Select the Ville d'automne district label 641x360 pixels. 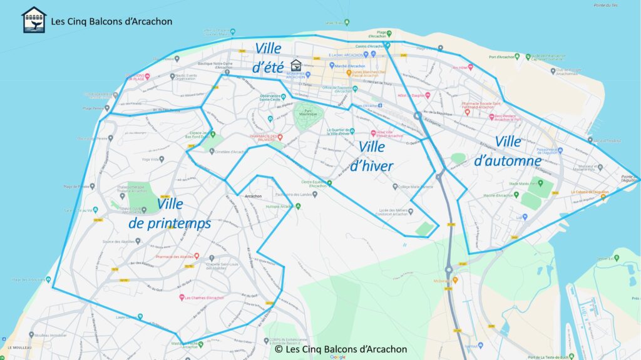pos(508,151)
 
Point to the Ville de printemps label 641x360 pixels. pos(170,213)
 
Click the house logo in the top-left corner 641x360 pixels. pos(34,19)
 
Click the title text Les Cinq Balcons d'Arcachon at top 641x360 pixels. pos(112,21)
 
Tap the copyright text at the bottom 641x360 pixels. pos(341,349)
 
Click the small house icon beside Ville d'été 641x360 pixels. pos(296,64)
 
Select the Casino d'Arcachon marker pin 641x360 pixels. pos(388,45)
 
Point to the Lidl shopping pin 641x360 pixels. pos(525,217)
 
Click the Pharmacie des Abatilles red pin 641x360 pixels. pos(197,255)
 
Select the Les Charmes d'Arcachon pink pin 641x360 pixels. pos(182,297)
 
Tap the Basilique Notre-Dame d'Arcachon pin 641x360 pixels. pos(227,73)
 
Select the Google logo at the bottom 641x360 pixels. pos(337,357)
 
